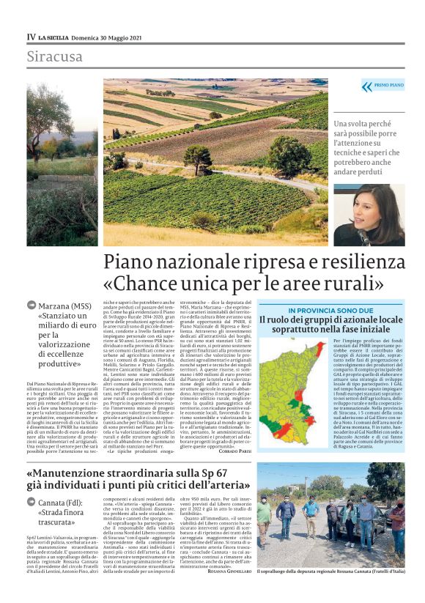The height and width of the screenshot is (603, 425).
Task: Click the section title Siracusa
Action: coord(55,56)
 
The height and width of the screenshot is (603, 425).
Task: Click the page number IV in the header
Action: coord(31,36)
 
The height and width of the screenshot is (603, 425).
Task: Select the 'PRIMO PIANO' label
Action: coord(388,86)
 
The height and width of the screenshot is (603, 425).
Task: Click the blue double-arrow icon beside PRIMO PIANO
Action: coord(366,86)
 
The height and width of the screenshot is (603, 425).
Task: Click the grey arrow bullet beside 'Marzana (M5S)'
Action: coord(32,306)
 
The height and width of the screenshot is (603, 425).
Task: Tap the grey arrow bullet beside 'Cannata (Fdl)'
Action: coord(32,502)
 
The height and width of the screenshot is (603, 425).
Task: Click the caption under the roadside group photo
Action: coord(330,591)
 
